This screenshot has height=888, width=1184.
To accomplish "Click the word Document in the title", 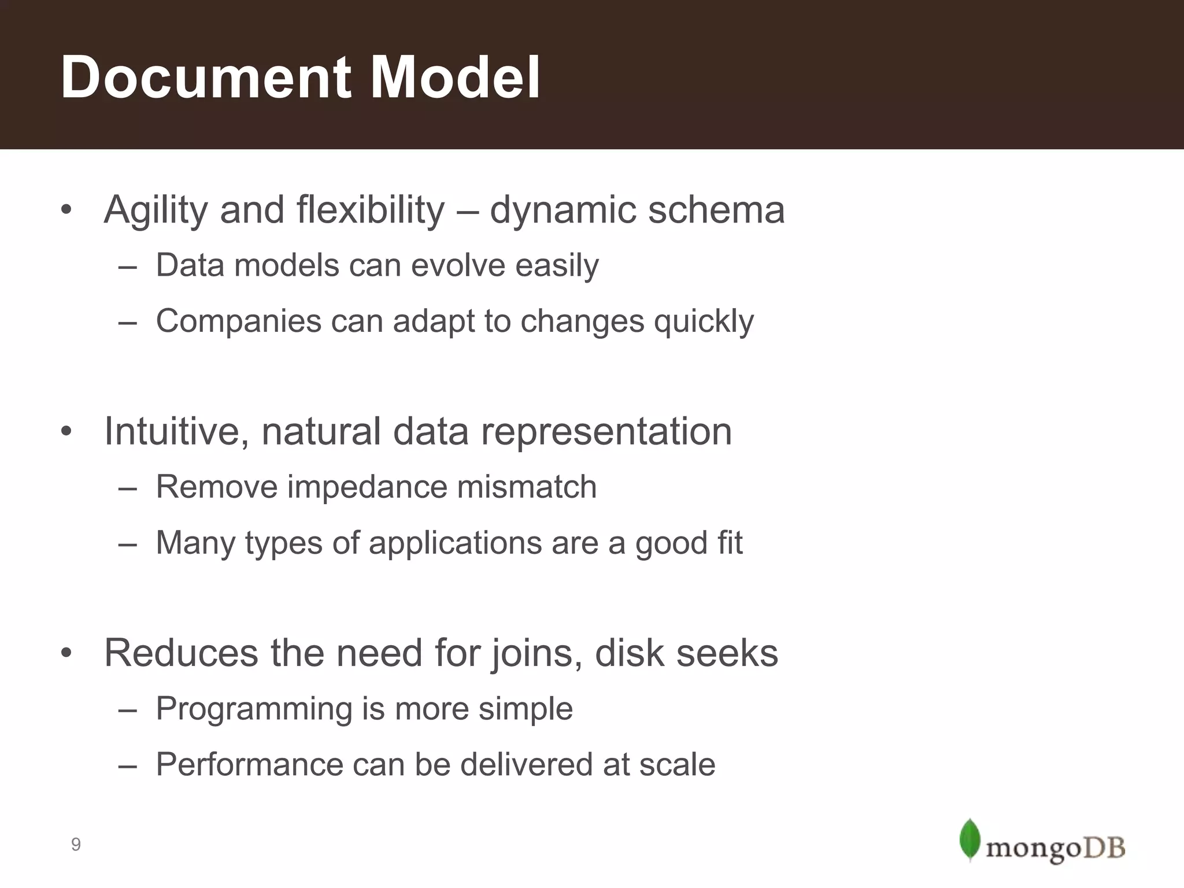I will (x=206, y=77).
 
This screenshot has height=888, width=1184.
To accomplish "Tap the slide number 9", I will (x=76, y=845).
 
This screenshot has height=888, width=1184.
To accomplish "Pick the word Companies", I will (x=238, y=321).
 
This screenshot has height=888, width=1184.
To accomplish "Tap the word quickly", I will (x=704, y=322).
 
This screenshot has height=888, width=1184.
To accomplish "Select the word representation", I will (x=606, y=432).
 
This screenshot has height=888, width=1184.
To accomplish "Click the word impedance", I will (x=367, y=487).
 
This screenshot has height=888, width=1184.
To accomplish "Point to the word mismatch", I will (x=527, y=487).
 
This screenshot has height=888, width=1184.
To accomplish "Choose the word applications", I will (x=455, y=543).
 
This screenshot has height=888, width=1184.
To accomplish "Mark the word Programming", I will (x=254, y=709).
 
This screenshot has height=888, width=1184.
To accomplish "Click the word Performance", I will (x=250, y=764).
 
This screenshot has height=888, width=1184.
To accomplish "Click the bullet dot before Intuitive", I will (x=66, y=432).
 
